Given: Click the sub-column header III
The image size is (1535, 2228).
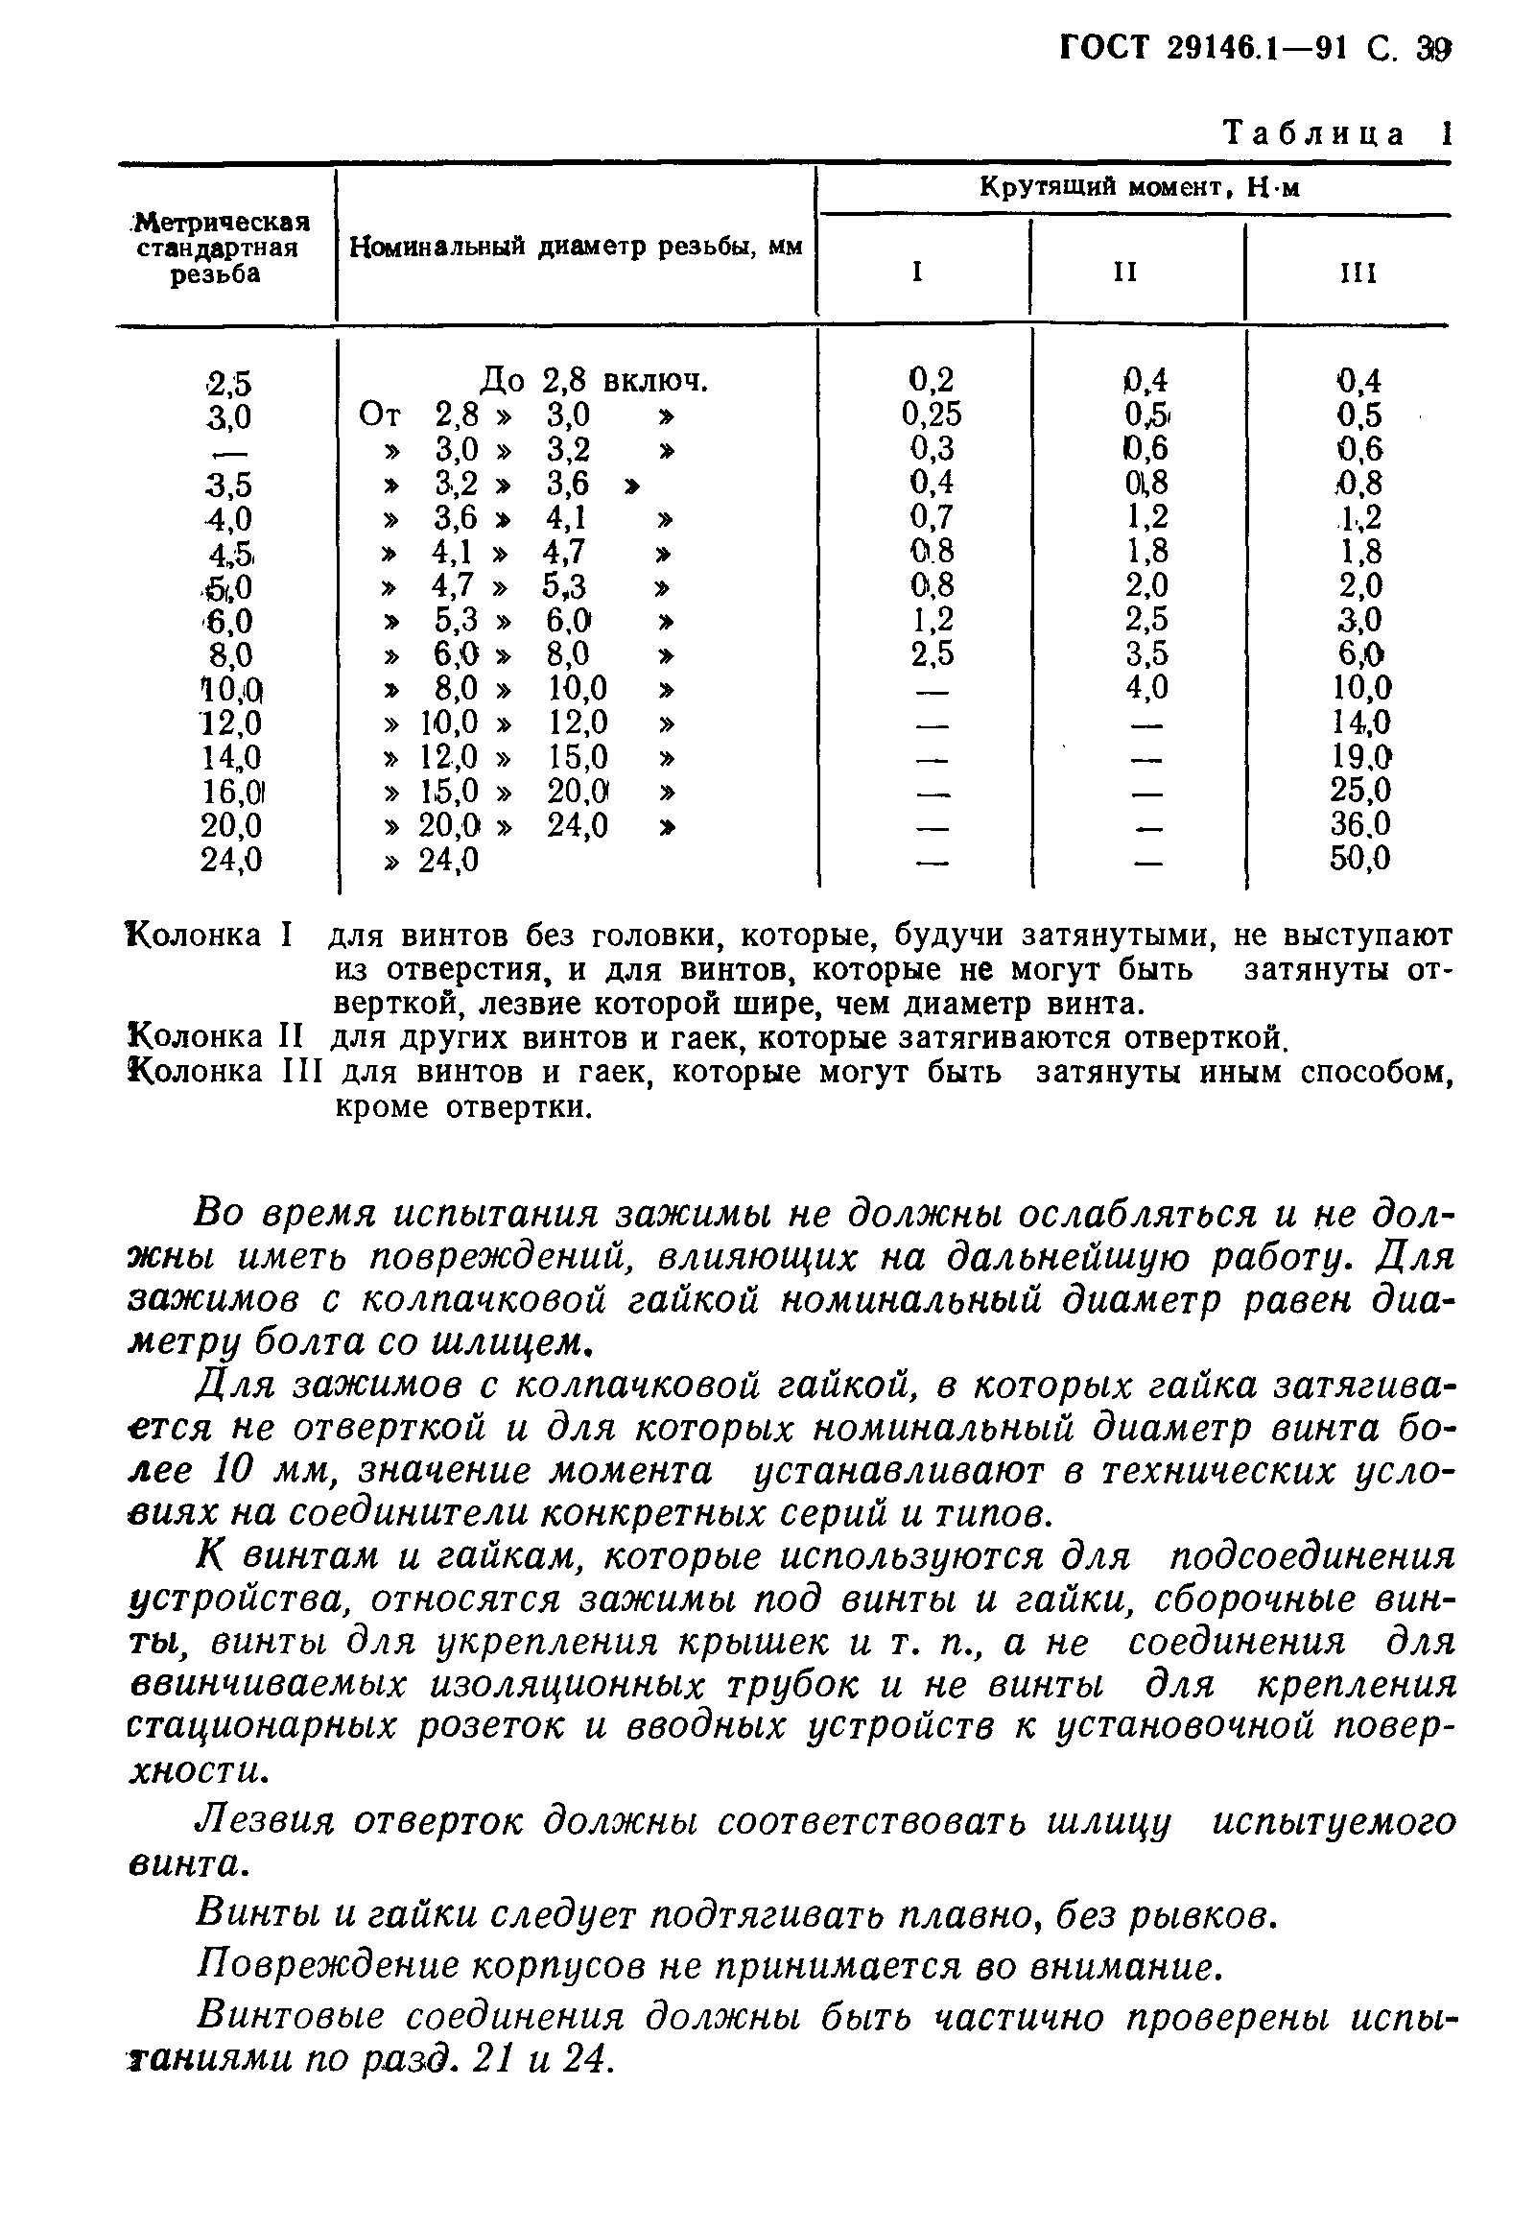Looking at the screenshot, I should tap(1358, 274).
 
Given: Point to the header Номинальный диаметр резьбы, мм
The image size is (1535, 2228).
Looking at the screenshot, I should tap(575, 248).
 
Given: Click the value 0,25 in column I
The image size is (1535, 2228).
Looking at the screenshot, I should tap(930, 415).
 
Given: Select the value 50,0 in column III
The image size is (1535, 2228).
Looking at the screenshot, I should tap(1359, 858).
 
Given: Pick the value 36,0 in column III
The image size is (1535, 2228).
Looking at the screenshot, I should tap(1359, 824).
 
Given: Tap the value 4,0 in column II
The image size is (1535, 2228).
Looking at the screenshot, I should tap(1145, 688).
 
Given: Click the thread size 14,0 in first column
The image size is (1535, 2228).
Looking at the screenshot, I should tap(231, 758).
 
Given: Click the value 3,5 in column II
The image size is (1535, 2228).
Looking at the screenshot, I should tap(1145, 654).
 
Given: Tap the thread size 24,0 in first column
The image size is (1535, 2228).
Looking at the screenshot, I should tap(231, 859).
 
